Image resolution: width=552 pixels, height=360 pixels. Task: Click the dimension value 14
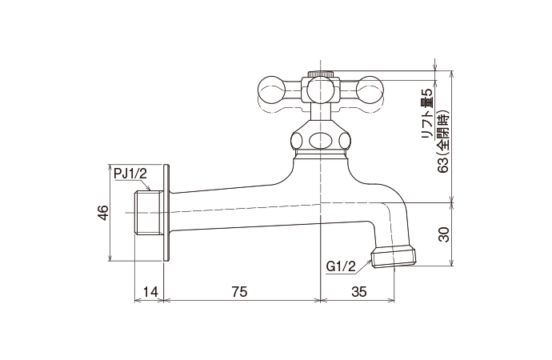click(x=148, y=293)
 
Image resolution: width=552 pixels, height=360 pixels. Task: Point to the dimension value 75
click(x=238, y=293)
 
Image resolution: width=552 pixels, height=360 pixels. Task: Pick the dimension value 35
click(x=358, y=293)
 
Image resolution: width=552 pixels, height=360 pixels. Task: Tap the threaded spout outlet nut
click(x=394, y=256)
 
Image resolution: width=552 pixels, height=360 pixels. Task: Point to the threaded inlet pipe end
click(x=146, y=211)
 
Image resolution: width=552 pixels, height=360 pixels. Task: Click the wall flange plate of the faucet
click(x=167, y=212)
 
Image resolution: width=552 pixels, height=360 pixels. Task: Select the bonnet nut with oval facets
click(x=321, y=138)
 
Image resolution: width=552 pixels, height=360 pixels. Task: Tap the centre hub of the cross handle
click(x=321, y=90)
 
